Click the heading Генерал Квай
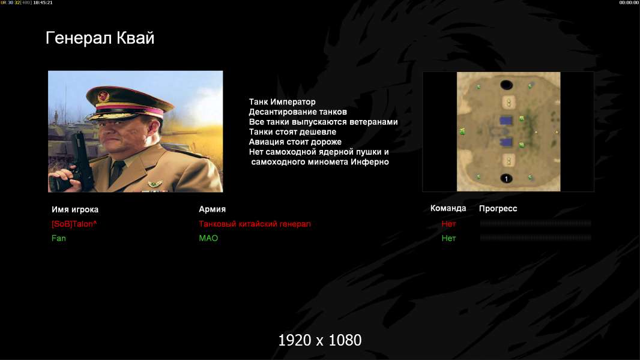click(100, 38)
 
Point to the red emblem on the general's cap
click(103, 96)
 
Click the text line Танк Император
click(282, 102)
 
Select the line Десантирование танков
click(298, 112)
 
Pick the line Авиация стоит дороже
click(295, 142)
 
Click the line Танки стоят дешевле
click(292, 131)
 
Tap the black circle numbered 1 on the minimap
click(506, 179)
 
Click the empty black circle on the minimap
click(506, 85)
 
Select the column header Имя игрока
click(75, 209)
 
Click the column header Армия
click(213, 209)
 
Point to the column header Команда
click(448, 208)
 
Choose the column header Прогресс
click(498, 209)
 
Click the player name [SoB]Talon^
click(74, 224)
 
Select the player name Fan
click(59, 238)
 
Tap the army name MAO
click(208, 238)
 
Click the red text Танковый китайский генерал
click(255, 224)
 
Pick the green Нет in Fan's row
click(448, 238)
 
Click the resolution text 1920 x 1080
click(320, 340)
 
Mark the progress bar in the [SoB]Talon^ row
click(536, 223)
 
